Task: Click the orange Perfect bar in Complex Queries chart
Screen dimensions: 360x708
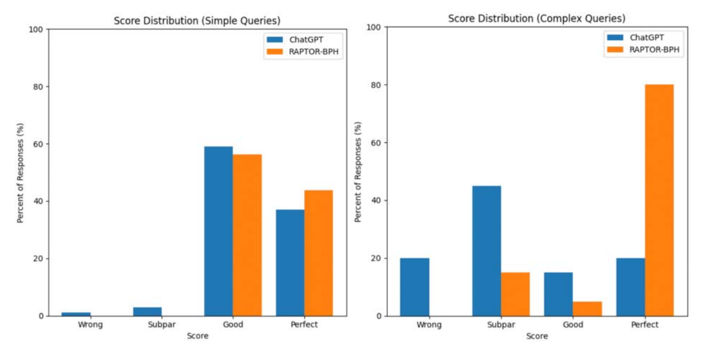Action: pyautogui.click(x=659, y=200)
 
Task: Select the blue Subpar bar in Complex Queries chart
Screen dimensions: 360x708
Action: pyautogui.click(x=486, y=251)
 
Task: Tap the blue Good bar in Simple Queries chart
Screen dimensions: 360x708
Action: pyautogui.click(x=218, y=231)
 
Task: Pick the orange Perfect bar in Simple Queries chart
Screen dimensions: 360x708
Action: pyautogui.click(x=318, y=253)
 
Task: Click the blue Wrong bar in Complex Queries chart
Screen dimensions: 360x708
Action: pyautogui.click(x=414, y=287)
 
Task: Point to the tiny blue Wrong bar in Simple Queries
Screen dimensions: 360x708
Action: pyautogui.click(x=76, y=314)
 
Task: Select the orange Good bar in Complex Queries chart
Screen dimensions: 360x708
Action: pyautogui.click(x=587, y=309)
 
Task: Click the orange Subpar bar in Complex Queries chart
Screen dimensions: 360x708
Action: pyautogui.click(x=515, y=294)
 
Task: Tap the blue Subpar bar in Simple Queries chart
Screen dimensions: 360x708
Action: pyautogui.click(x=147, y=312)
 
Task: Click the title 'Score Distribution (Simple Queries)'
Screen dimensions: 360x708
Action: pyautogui.click(x=197, y=21)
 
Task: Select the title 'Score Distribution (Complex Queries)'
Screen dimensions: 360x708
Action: pyautogui.click(x=536, y=19)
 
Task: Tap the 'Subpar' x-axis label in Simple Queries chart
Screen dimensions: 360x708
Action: pyautogui.click(x=147, y=325)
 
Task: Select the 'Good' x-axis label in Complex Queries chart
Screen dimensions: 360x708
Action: pyautogui.click(x=573, y=325)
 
